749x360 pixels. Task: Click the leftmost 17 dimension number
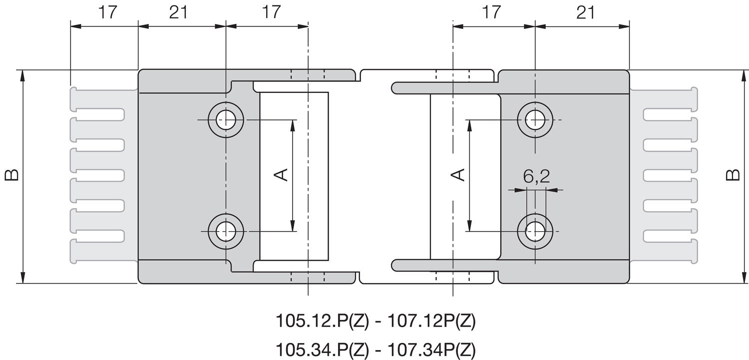pos(108,12)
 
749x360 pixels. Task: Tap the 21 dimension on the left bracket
pos(179,12)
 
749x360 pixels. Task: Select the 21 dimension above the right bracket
pos(586,12)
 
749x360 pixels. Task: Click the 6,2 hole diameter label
pos(536,176)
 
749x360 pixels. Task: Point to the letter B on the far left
pos(11,175)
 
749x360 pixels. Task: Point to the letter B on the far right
pos(733,175)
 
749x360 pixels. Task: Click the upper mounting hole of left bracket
pos(226,120)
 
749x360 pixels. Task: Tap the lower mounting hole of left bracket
pos(226,231)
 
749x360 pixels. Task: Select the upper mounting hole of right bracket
pos(535,120)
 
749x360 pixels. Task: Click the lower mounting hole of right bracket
pos(535,231)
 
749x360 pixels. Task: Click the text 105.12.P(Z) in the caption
pos(323,321)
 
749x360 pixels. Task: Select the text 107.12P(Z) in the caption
pos(431,321)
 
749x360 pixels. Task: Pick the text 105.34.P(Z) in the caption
pos(323,350)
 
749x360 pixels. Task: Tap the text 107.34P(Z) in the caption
pos(431,350)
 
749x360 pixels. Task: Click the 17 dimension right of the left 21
pos(271,12)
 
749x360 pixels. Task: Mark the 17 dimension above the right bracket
pos(491,12)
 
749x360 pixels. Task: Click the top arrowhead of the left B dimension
pos(23,75)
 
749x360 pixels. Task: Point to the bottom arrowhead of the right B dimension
pos(745,278)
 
